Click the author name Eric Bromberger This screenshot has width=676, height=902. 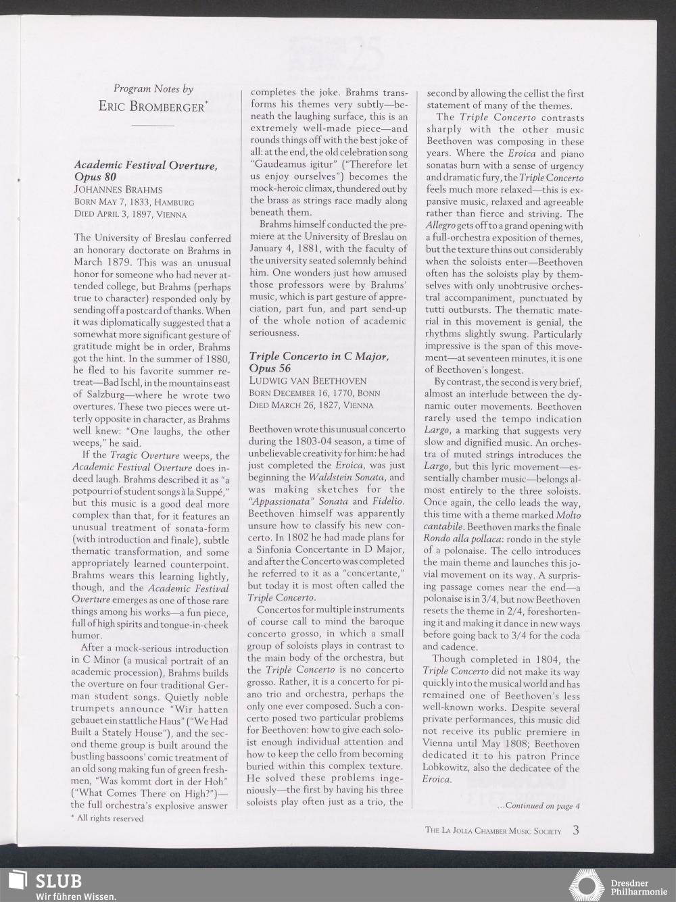coord(153,106)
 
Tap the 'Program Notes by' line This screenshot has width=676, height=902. coord(153,89)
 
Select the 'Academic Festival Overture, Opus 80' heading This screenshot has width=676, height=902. coord(145,171)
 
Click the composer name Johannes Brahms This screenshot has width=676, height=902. coord(118,190)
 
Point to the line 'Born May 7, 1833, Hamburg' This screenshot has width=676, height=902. coord(134,202)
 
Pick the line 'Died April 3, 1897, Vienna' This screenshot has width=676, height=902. coord(130,214)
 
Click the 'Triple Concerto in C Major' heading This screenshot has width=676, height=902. coord(318,356)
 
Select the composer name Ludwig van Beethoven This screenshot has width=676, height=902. coord(308,380)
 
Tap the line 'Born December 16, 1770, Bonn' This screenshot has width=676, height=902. coord(314,393)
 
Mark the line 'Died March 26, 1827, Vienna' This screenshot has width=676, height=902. coord(310,405)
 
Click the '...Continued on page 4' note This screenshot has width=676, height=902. coord(538,805)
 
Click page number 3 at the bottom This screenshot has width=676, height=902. coord(575,830)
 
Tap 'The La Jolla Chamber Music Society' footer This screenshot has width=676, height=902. coord(493,831)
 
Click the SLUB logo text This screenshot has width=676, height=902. coord(58,881)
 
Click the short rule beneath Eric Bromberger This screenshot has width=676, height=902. coord(153,125)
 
